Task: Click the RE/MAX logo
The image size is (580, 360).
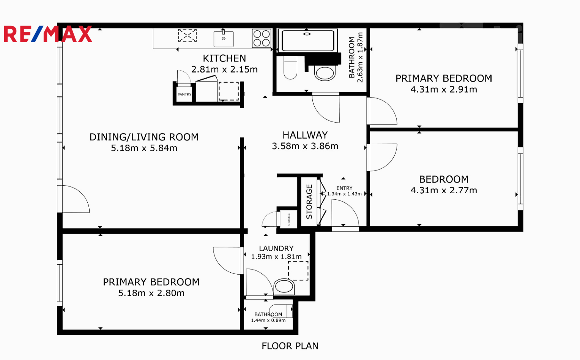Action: (48, 34)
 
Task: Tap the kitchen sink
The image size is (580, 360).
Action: (224, 39)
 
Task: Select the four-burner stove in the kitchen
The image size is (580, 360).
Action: (262, 38)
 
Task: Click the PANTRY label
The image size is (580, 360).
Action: (184, 94)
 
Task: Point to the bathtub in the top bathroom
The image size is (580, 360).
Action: (307, 40)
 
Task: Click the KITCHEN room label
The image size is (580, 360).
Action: (224, 58)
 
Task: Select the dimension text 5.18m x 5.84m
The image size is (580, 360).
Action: (144, 148)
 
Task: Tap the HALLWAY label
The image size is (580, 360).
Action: (305, 135)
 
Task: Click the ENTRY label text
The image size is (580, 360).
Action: (344, 188)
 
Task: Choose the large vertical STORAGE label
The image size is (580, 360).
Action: (309, 202)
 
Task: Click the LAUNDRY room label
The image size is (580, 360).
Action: (276, 248)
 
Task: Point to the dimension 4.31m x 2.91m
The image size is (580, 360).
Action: (444, 89)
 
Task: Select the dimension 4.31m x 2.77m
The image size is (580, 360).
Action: (444, 190)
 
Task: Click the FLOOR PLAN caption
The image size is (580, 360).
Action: (290, 346)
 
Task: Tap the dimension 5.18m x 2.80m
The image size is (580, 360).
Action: (151, 293)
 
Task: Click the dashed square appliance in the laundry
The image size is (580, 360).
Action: (298, 271)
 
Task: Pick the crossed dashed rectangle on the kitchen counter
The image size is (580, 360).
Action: (187, 35)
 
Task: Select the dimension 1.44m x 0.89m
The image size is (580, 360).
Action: (268, 321)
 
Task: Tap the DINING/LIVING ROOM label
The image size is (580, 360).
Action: (144, 137)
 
